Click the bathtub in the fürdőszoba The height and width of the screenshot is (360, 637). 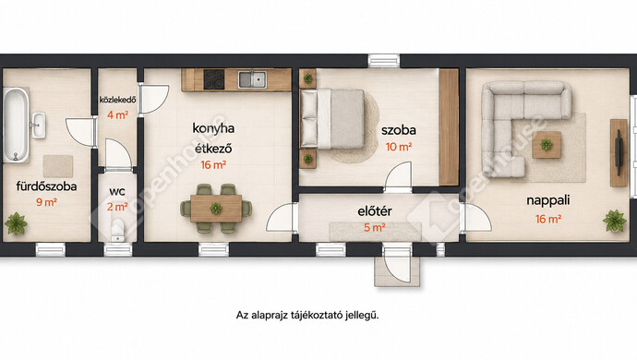(17, 125)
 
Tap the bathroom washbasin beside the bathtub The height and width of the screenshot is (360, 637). (39, 126)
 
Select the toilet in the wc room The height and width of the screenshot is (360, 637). (118, 231)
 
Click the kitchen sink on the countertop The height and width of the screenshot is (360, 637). (252, 79)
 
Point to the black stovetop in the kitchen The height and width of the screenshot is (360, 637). (213, 79)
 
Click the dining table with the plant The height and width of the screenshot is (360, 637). (216, 209)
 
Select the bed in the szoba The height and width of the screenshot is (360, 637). (332, 118)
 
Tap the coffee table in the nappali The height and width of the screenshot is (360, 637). (547, 145)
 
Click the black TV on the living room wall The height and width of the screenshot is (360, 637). (619, 152)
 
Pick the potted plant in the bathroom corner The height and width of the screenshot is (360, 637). (16, 223)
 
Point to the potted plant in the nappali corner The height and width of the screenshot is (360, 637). (615, 221)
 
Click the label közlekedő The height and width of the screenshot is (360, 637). (118, 100)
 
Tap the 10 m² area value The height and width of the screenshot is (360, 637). (399, 147)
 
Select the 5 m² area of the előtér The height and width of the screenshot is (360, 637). (374, 228)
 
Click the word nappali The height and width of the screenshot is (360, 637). (548, 200)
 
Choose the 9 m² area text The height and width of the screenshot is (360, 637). (46, 202)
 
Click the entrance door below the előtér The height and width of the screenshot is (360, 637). (397, 264)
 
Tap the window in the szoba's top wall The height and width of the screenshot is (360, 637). (384, 61)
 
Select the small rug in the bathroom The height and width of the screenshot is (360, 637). (58, 166)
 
